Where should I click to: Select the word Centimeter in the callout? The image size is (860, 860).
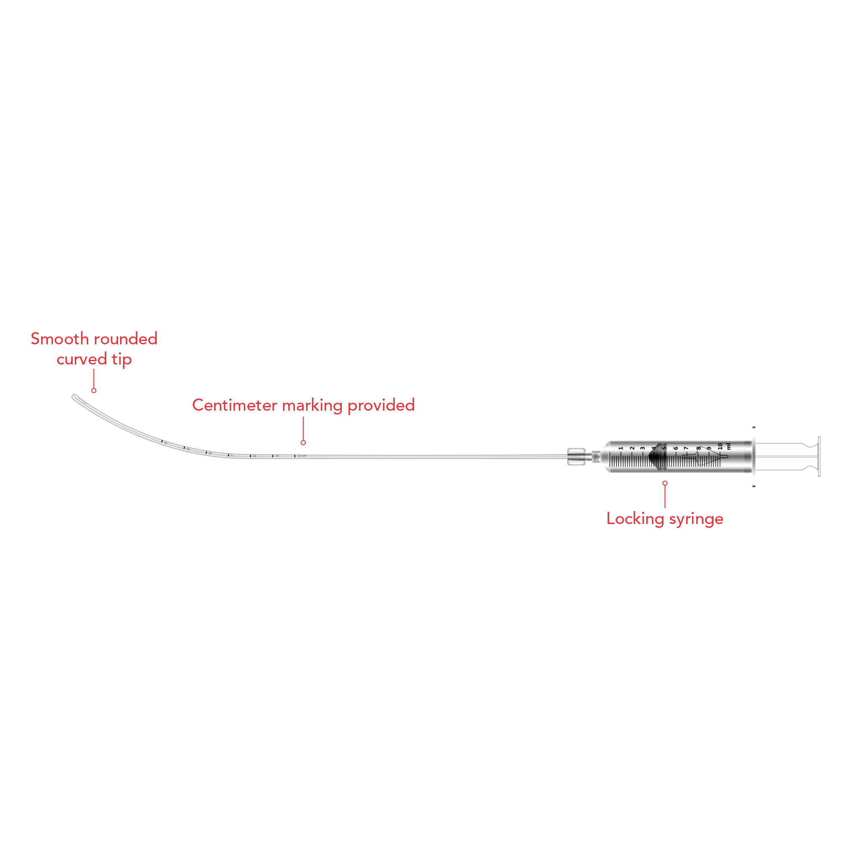pos(235,405)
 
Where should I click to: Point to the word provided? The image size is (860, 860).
pos(381,405)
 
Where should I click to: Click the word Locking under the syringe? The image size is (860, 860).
pos(635,519)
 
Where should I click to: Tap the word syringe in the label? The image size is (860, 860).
pos(696,519)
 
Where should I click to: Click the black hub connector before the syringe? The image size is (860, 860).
pos(576,457)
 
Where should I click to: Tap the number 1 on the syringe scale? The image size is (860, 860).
pos(621,448)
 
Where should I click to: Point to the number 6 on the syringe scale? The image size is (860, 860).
pos(675,448)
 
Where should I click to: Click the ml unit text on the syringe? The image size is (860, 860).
pos(729,446)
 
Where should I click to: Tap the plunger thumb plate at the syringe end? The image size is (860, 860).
pos(819,457)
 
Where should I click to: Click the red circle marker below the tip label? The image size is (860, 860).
pos(94,391)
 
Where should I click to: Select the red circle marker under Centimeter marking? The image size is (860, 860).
pos(303,443)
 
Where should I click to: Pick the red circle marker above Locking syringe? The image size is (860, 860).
pos(665,483)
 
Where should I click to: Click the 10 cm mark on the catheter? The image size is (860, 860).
pos(295,456)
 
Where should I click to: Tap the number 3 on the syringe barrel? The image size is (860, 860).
pos(643,448)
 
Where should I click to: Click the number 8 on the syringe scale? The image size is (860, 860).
pos(698,448)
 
